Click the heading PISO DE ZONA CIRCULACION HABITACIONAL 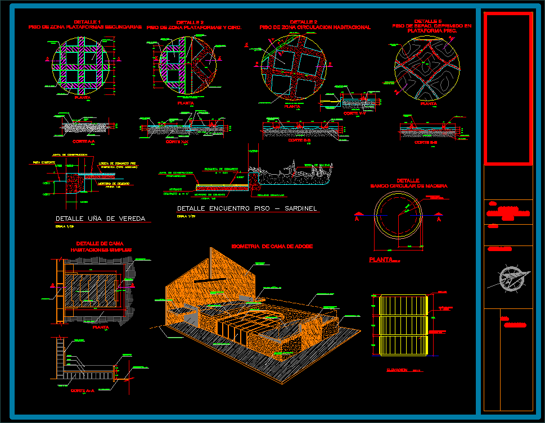[315, 27]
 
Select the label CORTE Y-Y [354, 113]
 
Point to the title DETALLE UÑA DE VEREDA [100, 219]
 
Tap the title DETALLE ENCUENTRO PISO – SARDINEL [247, 208]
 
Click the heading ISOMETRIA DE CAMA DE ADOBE [272, 246]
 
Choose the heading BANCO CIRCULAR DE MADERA [409, 185]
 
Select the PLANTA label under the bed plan [100, 326]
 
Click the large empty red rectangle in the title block [508, 88]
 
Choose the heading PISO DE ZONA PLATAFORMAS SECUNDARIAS [84, 27]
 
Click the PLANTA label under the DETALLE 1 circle [83, 97]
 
